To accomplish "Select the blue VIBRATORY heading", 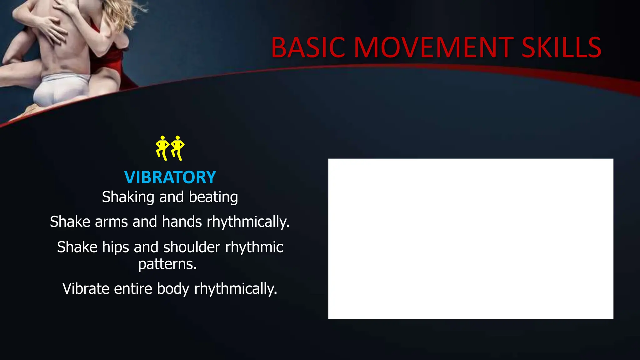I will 170,177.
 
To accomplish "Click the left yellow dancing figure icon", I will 162,148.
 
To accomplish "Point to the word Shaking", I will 128,197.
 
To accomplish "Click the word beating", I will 213,197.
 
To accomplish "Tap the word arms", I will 111,222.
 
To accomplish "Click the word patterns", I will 167,264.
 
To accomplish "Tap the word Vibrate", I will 86,289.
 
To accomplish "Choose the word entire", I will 133,289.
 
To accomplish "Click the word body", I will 173,289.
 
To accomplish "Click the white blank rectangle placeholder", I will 471,239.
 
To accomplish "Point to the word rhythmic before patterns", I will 254,247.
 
